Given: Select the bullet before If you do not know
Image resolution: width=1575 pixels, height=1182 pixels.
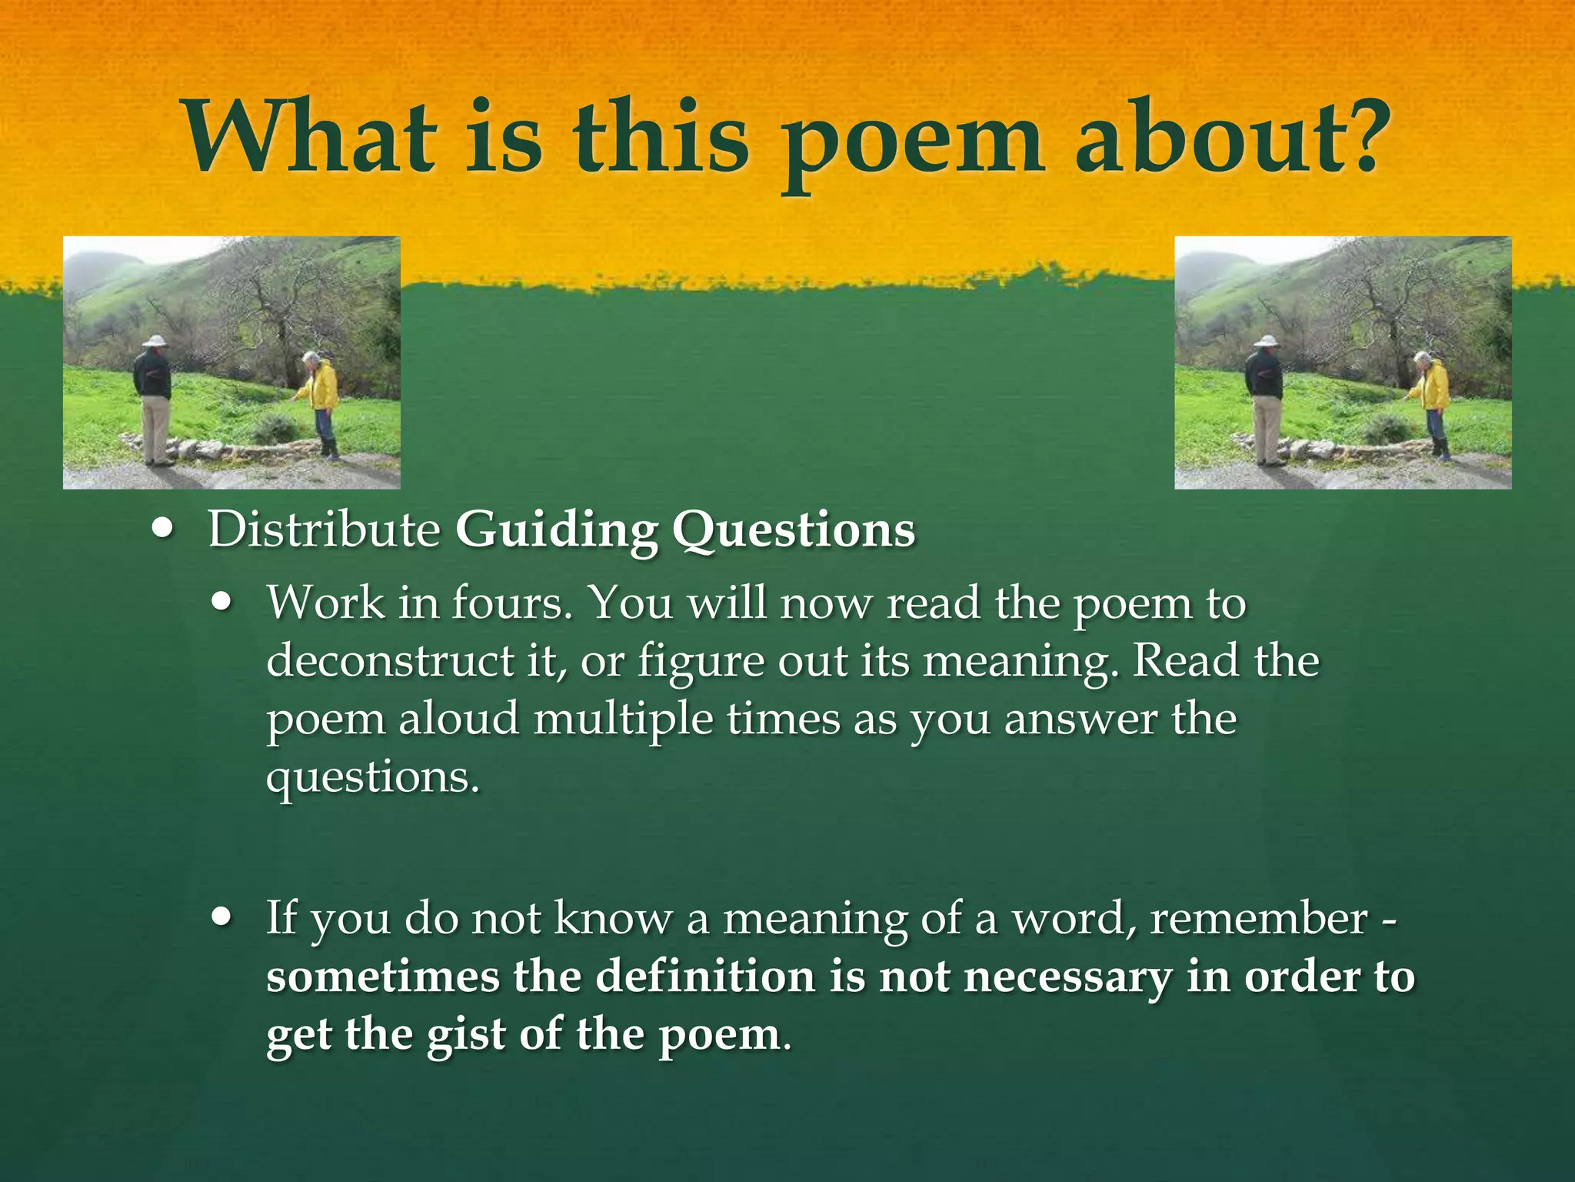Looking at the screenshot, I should [222, 918].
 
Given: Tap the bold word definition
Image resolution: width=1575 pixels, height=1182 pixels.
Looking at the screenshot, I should [705, 977].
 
